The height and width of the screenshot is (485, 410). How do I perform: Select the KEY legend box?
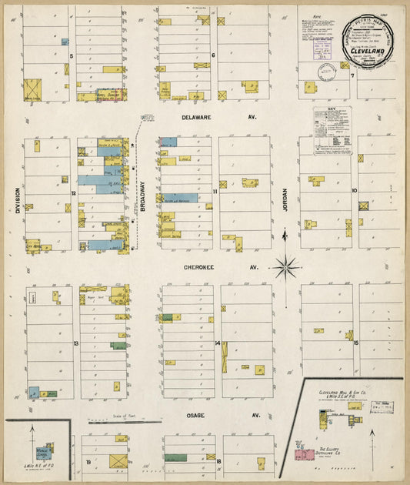[332, 132]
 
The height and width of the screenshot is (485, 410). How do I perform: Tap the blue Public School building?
[49, 447]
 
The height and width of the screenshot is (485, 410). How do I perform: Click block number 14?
[218, 343]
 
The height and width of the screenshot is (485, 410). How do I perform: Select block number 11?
[216, 192]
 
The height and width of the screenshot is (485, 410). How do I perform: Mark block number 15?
[356, 343]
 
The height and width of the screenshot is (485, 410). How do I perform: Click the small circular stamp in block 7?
[327, 72]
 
